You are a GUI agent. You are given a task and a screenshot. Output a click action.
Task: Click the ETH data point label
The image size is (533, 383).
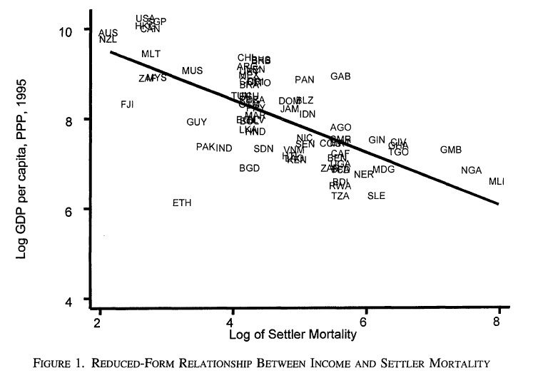click(182, 203)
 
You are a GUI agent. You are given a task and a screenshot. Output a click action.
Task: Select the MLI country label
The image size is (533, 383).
click(497, 182)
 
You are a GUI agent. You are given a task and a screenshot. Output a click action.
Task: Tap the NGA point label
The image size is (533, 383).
click(472, 170)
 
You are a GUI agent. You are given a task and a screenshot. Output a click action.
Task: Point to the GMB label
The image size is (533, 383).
click(451, 150)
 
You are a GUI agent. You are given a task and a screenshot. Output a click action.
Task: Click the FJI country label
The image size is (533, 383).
click(127, 105)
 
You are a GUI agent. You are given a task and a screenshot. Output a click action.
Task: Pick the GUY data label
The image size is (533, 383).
click(197, 123)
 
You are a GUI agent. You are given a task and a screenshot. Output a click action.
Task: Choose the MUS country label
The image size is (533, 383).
click(192, 71)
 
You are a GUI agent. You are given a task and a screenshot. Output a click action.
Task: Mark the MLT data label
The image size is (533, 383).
click(151, 54)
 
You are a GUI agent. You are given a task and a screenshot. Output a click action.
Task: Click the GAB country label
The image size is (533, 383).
click(340, 76)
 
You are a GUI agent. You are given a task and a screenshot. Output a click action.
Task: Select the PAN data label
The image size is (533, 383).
click(305, 80)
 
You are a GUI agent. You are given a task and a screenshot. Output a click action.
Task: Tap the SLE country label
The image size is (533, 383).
click(376, 196)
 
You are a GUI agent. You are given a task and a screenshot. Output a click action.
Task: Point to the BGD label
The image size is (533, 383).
click(249, 168)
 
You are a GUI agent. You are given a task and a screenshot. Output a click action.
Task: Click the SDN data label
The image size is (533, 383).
click(263, 149)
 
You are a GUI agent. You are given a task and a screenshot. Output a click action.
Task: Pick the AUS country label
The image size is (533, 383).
click(108, 33)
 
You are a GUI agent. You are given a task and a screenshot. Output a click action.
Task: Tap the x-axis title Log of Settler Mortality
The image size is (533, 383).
click(298, 334)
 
